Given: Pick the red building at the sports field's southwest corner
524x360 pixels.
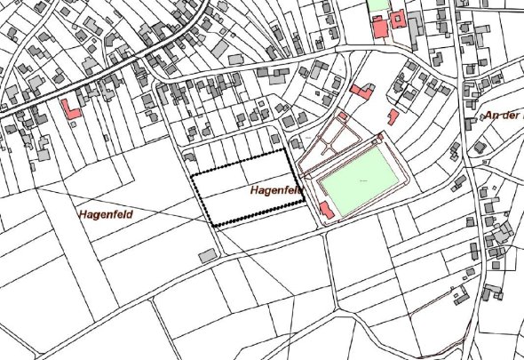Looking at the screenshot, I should pos(326,210).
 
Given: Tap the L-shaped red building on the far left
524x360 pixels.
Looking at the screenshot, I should pos(70,109).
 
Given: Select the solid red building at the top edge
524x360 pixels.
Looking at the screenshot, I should pos(379,26).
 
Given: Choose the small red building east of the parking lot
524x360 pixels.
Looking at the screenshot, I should pos(392,116).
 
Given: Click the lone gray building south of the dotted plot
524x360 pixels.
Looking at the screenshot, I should pos(208,256).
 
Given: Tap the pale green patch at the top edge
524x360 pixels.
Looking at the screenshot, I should pos(378,4).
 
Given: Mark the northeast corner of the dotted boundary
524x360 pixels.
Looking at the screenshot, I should pos(289,150).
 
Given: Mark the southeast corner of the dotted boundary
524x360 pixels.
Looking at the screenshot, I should pos(304,202).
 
